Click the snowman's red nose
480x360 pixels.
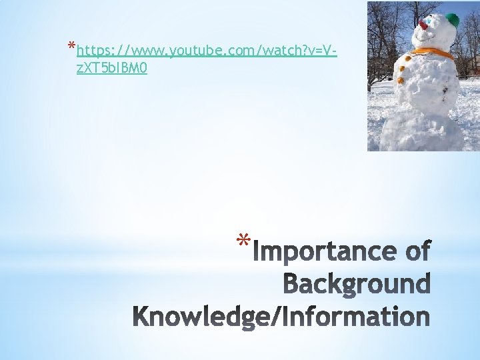point(423,25)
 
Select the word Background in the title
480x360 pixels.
point(357,284)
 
